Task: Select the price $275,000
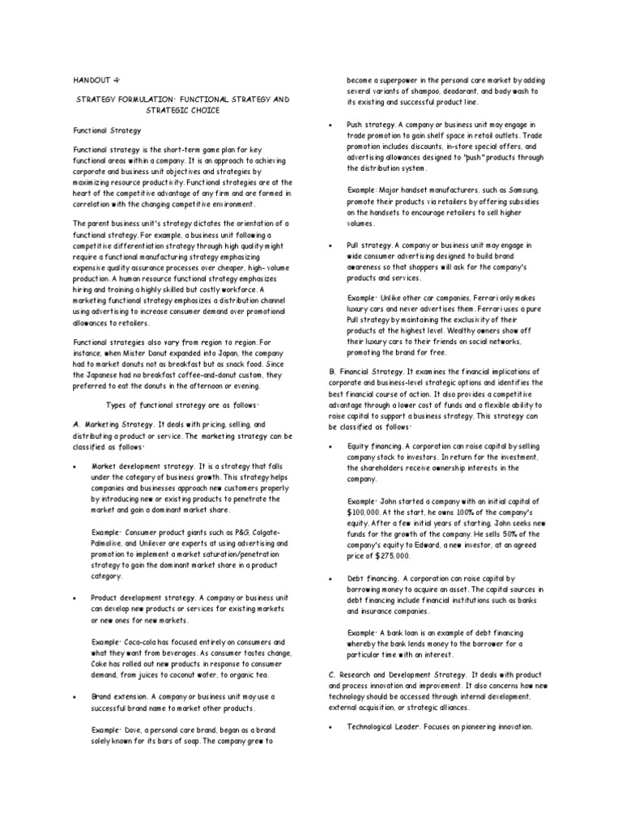[x=390, y=556]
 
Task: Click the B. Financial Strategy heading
[x=367, y=370]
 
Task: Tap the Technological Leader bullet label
[x=383, y=727]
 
